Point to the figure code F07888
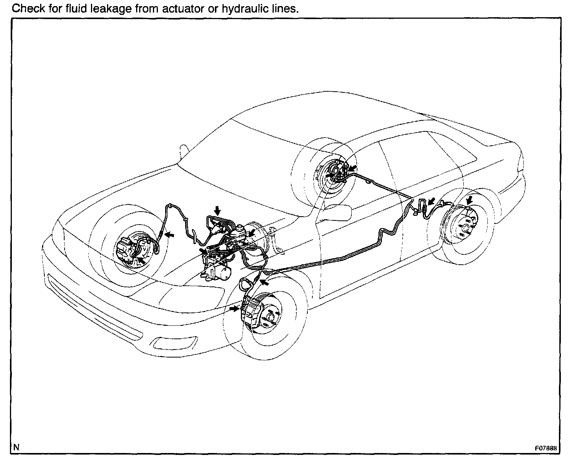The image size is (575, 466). (545, 448)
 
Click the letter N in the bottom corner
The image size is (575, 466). (16, 447)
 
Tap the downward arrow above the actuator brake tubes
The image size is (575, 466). (218, 209)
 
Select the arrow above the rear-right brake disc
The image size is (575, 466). (469, 199)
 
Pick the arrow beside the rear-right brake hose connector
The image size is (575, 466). (432, 202)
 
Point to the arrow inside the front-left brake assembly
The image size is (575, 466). (140, 260)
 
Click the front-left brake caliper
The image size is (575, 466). (124, 248)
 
